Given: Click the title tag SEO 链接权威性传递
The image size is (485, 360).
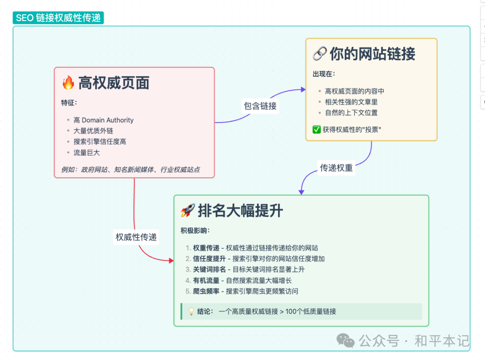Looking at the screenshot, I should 58,18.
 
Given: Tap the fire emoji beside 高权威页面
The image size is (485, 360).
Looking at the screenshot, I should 68,83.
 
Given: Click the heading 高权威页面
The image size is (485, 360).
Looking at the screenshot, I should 114,83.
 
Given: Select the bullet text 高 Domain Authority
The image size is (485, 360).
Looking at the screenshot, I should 103,120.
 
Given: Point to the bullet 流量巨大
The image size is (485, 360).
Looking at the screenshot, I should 87,153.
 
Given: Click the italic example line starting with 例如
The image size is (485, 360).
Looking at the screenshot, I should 131,169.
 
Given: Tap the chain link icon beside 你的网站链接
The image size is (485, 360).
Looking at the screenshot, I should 319,54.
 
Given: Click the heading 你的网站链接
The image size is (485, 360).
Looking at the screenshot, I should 372,54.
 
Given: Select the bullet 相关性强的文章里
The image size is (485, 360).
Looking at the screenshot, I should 351,102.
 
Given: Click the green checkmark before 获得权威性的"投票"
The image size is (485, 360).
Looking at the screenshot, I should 317,130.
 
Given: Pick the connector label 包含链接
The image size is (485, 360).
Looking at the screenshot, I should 260,106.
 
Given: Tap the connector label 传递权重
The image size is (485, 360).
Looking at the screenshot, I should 336,168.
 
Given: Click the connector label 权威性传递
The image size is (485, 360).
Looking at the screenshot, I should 136,237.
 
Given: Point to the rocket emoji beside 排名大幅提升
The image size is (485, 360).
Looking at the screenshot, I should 187,211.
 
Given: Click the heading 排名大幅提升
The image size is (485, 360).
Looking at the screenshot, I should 240,211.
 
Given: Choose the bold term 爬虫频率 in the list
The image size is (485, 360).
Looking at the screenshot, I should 206,291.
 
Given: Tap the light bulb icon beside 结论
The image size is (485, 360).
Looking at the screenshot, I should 191,311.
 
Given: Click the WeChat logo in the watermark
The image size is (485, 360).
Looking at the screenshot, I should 346,341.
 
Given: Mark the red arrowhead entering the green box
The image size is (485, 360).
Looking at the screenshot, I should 171,260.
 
